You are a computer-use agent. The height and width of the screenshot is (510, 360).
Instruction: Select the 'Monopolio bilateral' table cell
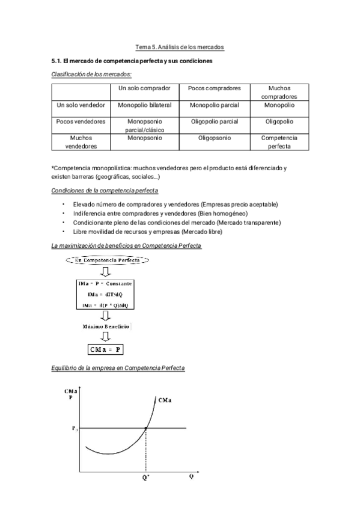pos(144,105)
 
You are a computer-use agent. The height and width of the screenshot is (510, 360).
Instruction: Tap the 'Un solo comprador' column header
pos(144,88)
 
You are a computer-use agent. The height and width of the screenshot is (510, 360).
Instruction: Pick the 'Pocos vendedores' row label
pos(81,121)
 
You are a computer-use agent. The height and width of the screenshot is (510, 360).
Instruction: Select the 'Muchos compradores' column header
pos(279,92)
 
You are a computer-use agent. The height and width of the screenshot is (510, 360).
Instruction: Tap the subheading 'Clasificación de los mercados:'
pos(91,74)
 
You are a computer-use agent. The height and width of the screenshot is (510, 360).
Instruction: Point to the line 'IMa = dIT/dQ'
pos(105,294)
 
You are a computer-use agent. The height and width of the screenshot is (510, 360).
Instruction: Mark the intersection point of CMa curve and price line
pos(146,428)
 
